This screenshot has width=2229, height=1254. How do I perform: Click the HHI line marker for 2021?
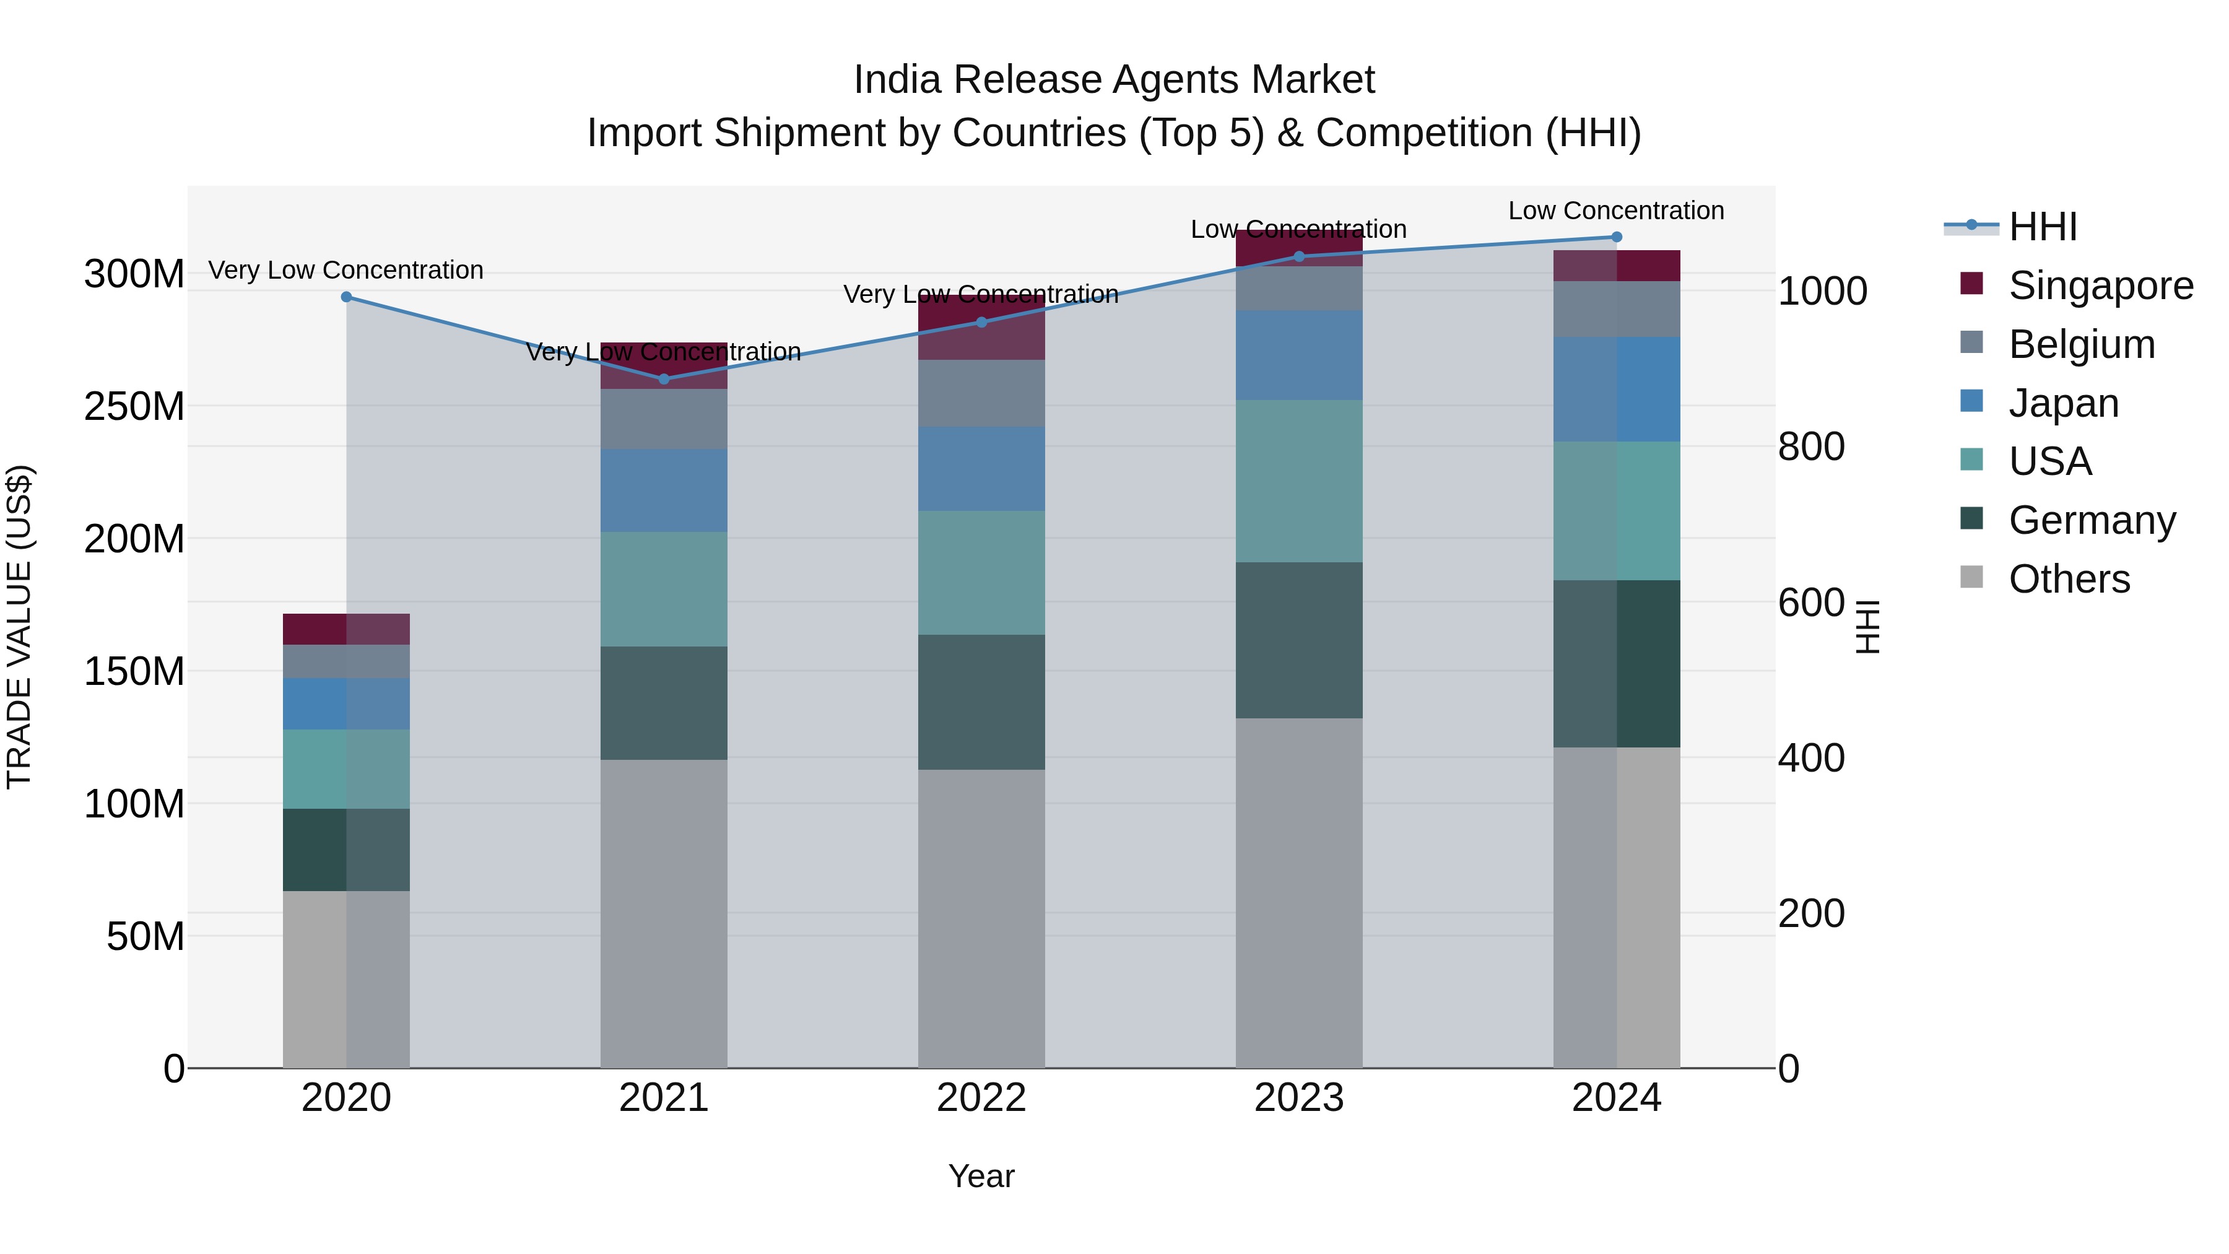point(664,379)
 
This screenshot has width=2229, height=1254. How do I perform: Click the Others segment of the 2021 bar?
point(664,913)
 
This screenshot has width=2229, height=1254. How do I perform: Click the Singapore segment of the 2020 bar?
point(346,629)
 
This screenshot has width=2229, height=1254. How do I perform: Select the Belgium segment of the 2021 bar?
point(664,419)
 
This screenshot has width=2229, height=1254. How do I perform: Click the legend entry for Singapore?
point(2100,285)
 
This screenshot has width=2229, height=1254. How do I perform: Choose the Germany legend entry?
point(2092,520)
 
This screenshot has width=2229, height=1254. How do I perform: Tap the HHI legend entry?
point(2042,227)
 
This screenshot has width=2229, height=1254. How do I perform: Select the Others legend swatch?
point(1971,577)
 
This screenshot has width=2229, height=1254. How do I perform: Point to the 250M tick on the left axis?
point(134,406)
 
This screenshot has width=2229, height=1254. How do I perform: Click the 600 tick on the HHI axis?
point(1811,603)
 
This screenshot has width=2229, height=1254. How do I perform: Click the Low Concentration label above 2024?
point(1615,211)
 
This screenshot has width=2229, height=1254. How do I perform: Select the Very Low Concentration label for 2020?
point(346,270)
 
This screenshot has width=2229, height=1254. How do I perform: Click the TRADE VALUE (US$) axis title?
point(19,627)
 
